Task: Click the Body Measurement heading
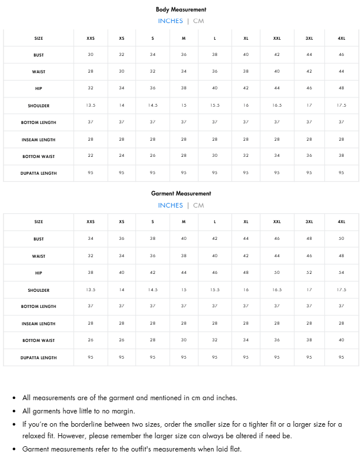pos(181,9)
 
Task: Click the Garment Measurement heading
pos(181,193)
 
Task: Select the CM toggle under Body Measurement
pos(198,21)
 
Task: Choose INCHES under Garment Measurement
pos(170,205)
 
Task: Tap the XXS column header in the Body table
pos(91,39)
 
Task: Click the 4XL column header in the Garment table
pos(341,222)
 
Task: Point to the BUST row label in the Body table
pos(39,55)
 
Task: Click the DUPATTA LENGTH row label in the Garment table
pos(39,358)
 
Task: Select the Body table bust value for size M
pos(183,55)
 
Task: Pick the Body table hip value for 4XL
pos(341,88)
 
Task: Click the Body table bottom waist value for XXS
pos(91,156)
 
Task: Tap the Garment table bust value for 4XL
pos(341,239)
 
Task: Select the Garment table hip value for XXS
pos(91,273)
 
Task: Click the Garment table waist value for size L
pos(215,256)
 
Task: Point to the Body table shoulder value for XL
pos(246,106)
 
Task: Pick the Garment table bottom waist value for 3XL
pos(309,340)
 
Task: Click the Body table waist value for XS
pos(122,72)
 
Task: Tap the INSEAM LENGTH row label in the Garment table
pos(39,323)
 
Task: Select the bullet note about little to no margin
pos(78,411)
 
